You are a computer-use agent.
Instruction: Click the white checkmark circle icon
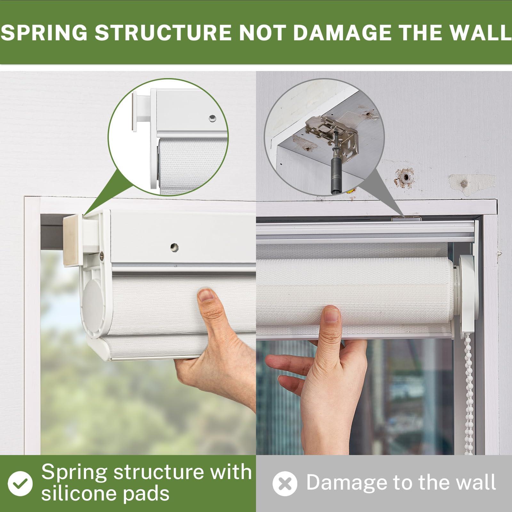coord(20,483)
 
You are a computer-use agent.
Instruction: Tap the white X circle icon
coord(285,484)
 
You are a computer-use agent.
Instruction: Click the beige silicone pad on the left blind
coord(71,240)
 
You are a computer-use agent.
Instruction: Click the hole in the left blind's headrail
coord(174,247)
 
